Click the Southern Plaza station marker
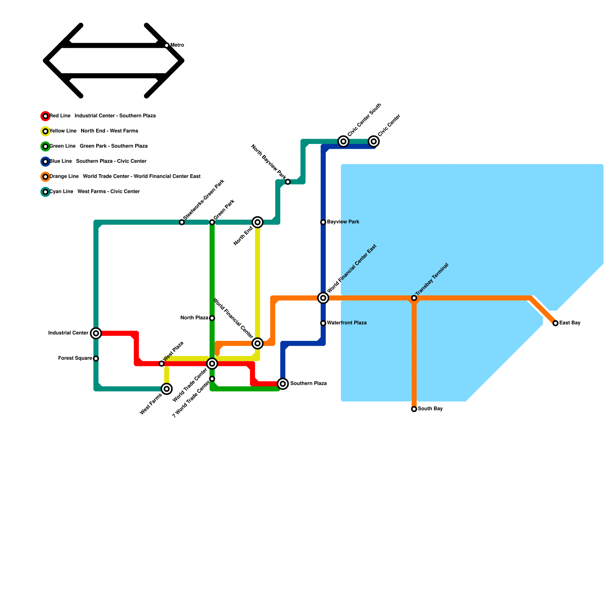283,384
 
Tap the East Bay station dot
555,323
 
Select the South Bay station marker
414,409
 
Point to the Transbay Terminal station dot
414,298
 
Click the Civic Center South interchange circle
343,141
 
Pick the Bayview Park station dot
323,222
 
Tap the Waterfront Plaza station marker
323,323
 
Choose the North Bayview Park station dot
288,182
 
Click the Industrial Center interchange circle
96,333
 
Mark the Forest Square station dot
96,358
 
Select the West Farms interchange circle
167,389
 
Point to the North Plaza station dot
212,318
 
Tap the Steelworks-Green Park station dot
182,222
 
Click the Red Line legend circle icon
45,116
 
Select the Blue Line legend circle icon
45,161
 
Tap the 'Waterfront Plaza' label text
347,323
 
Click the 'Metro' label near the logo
177,45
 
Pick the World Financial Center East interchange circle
323,298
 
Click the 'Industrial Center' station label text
68,333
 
